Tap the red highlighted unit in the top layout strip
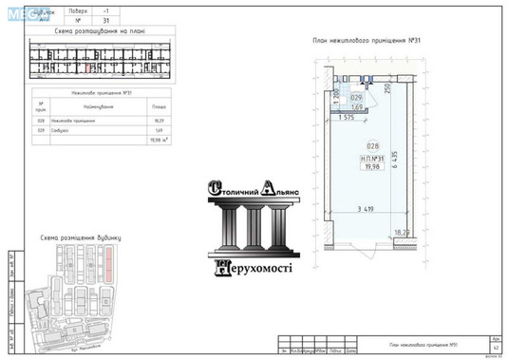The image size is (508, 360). click(87, 66)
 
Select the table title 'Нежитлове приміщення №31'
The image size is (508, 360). click(101, 92)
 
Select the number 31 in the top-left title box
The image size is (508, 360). click(79, 18)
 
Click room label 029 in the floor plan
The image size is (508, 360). click(357, 97)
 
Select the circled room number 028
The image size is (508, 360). click(359, 145)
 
